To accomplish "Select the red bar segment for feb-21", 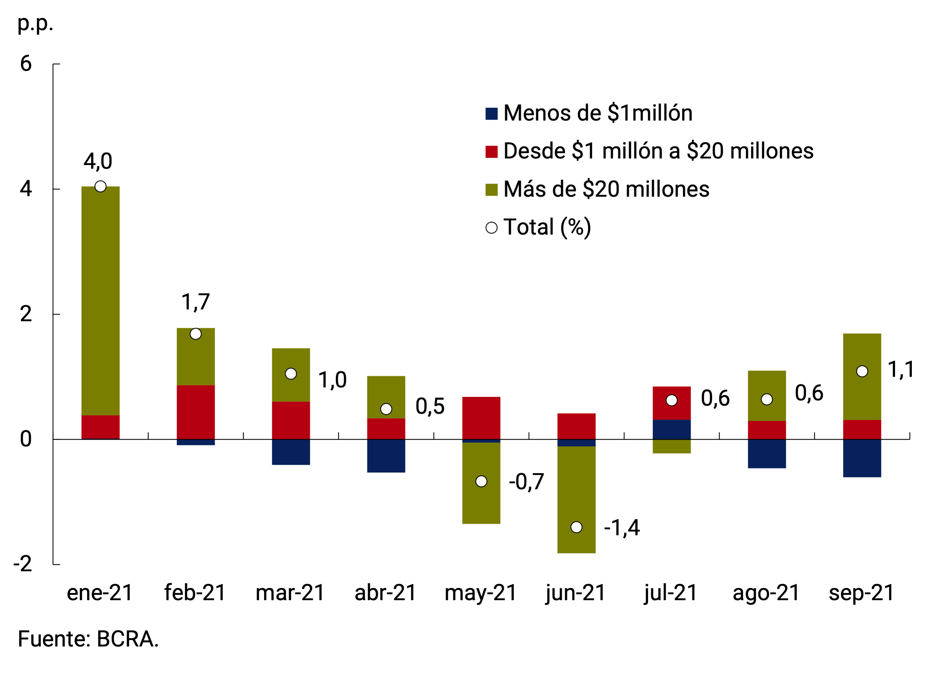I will pos(196,412).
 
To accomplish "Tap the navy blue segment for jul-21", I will pos(671,429).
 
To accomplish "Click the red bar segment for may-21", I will pos(481,418).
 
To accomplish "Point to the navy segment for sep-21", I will pos(862,458).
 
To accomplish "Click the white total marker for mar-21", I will pos(291,374).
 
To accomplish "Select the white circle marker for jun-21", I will pos(576,527).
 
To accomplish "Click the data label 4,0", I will pos(98,161).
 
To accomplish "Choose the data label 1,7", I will pos(195,302).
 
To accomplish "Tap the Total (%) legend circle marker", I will pos(491,228).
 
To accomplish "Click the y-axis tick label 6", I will pos(26,64).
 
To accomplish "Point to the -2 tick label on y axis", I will pos(23,564).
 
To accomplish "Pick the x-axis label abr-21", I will pos(385,593).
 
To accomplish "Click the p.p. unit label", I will pos(35,24).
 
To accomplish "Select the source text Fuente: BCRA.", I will pos(88,639).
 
